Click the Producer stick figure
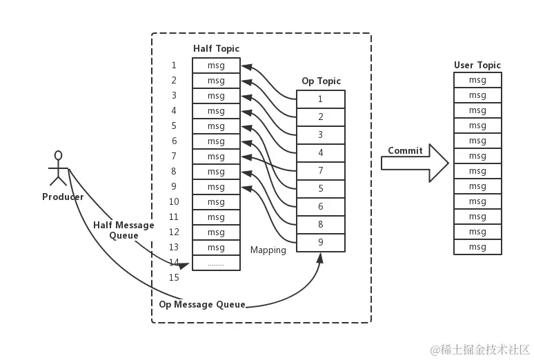coord(59,168)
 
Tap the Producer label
coord(63,197)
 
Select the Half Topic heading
coord(216,48)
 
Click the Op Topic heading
coord(321,81)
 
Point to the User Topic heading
coord(477,66)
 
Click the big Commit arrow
coord(414,163)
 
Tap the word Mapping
coord(268,250)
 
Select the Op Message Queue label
coord(202,304)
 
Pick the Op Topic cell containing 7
coord(321,170)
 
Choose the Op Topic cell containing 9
coord(321,242)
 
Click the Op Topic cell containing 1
coord(321,99)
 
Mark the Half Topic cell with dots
coord(216,263)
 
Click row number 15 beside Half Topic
coord(174,278)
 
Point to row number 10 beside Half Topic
coord(174,202)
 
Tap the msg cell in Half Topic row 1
coord(216,66)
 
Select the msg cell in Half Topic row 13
coord(216,248)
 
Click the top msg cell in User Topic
coord(477,80)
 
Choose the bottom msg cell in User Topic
coord(477,247)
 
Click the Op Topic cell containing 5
coord(321,188)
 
